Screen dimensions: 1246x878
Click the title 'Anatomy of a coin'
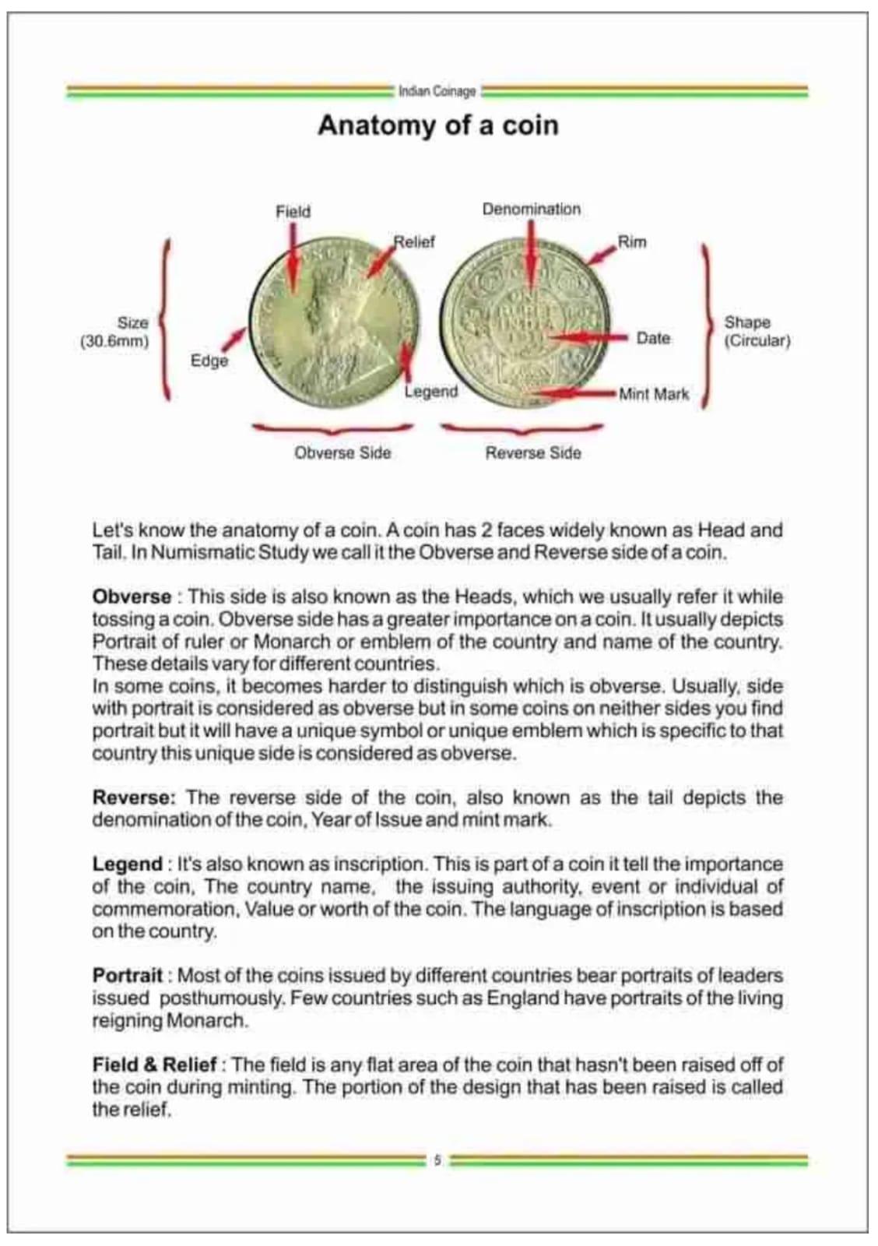coord(438,125)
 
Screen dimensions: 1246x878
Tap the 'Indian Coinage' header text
coord(437,91)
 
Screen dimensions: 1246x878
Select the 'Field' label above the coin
coord(293,212)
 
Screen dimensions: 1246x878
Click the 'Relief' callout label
coord(414,242)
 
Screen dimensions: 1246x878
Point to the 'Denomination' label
coord(531,209)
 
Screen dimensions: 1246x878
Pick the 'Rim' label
coord(632,242)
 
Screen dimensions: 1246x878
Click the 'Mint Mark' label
coord(654,394)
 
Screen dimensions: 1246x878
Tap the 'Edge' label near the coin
coord(209,361)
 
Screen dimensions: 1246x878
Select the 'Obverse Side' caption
coord(342,453)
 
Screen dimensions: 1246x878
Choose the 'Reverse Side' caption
coord(533,453)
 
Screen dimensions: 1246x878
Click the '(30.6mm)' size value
coord(114,341)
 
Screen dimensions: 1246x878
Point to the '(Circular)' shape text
coord(757,341)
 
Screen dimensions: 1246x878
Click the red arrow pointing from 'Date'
coord(588,338)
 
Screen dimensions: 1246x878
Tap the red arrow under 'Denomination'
coord(531,253)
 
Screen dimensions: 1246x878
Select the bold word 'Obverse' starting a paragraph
coord(132,597)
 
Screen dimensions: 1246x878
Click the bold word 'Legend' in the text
coord(127,864)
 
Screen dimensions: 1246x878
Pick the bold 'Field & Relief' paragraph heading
coord(154,1065)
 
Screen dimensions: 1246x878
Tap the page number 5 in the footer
coord(437,1160)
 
